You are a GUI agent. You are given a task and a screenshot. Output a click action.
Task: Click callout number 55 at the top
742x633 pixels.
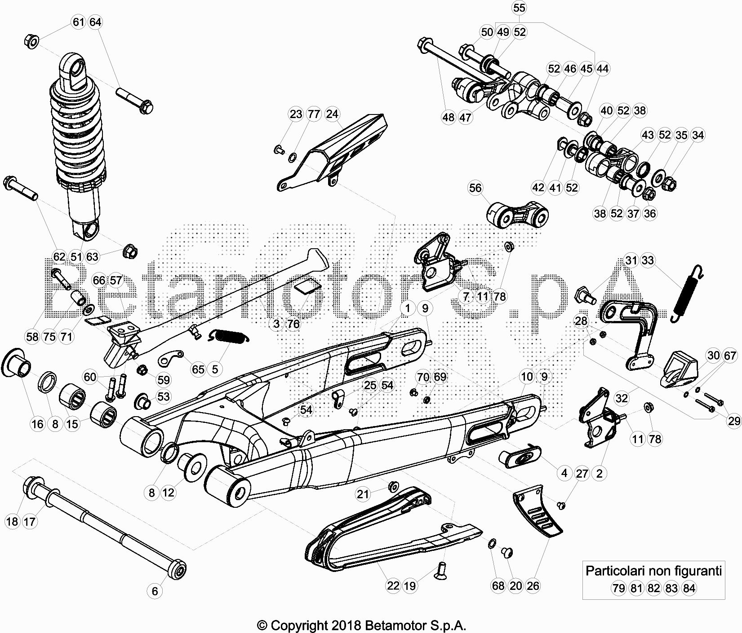(x=519, y=8)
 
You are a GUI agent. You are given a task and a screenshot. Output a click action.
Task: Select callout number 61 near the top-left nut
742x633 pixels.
(x=79, y=22)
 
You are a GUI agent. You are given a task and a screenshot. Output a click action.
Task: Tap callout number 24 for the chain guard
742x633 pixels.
(x=332, y=114)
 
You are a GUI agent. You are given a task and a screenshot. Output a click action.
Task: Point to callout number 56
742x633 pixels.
(x=475, y=188)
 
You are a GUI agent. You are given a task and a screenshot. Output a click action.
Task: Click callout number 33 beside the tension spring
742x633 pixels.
(x=648, y=260)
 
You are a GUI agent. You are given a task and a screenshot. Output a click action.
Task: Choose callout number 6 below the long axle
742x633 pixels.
(x=155, y=591)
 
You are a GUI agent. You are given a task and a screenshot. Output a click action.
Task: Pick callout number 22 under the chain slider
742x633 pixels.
(x=393, y=585)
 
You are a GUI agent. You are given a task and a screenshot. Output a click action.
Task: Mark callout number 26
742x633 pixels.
(x=533, y=585)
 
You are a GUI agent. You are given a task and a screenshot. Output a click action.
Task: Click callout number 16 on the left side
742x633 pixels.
(x=38, y=424)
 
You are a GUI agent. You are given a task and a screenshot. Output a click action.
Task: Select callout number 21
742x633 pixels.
(x=363, y=494)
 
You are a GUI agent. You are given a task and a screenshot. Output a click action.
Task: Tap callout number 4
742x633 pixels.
(x=564, y=473)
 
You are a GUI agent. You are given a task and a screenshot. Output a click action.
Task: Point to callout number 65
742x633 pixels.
(x=198, y=369)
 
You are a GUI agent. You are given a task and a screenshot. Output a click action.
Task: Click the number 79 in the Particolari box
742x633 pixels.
(x=619, y=588)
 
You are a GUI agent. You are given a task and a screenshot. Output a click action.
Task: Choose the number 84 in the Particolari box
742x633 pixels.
(x=689, y=588)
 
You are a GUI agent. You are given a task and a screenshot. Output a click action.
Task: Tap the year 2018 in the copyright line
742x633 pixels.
(x=347, y=625)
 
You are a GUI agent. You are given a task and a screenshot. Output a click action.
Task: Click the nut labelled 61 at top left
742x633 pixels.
(x=31, y=41)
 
